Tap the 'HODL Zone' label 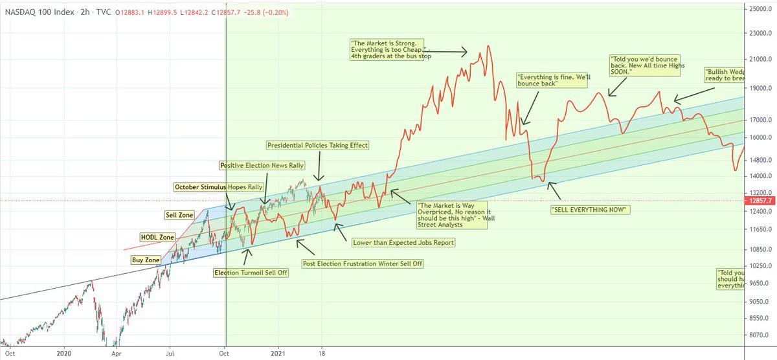(x=158, y=238)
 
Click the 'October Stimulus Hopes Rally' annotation (x=218, y=187)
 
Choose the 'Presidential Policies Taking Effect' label (x=318, y=146)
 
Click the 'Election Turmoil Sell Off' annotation (x=251, y=273)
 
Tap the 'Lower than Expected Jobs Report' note (x=403, y=243)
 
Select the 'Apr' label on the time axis (x=115, y=354)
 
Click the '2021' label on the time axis (x=279, y=354)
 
